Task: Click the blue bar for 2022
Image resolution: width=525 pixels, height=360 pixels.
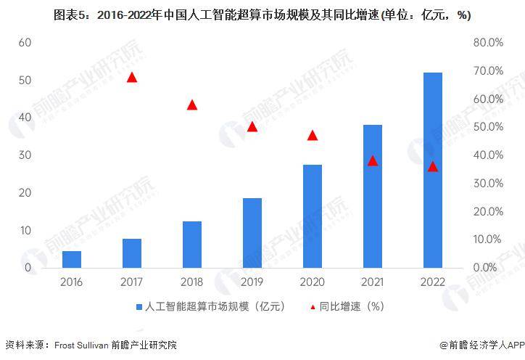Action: click(433, 170)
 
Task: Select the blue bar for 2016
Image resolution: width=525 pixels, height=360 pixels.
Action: click(72, 259)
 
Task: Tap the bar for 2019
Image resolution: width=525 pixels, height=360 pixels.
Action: click(252, 233)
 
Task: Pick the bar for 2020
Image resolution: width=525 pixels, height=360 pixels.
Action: click(313, 216)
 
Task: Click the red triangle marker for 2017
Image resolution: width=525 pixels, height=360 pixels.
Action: click(132, 77)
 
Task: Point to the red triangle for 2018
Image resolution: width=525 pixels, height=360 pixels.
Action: click(192, 105)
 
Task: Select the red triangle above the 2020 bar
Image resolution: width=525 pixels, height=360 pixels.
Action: click(313, 135)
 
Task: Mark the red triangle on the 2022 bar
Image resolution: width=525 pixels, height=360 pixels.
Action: click(433, 166)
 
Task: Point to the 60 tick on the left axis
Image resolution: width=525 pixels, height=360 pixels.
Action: click(25, 42)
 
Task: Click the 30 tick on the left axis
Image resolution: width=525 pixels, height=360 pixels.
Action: click(25, 155)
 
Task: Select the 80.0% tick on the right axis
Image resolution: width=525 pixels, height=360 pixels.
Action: click(488, 42)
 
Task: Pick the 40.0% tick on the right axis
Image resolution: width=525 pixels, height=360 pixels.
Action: click(488, 155)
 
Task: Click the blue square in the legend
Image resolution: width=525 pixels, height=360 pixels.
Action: click(139, 306)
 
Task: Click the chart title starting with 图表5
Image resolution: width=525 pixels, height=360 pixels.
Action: click(262, 15)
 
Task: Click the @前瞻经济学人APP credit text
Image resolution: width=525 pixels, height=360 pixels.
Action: click(481, 345)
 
